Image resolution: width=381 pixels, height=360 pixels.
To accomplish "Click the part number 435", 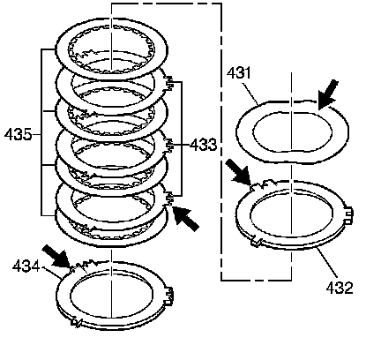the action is tap(18, 135).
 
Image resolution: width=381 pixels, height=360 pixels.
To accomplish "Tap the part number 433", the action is tap(204, 145).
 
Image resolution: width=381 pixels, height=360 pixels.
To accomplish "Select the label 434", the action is tap(26, 267).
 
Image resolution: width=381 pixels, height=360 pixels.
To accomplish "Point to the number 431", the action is tap(239, 72).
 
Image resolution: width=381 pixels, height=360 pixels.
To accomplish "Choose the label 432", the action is tap(340, 288).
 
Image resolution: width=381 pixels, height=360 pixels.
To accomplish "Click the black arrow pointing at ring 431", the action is tap(328, 94).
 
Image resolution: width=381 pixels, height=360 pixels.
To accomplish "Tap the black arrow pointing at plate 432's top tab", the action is tap(241, 174).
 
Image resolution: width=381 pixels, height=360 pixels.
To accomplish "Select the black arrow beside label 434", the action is tap(56, 256).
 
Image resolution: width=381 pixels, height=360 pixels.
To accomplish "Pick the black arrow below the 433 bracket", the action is tap(186, 218).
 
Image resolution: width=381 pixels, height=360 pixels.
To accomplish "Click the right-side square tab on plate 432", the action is tap(348, 214).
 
